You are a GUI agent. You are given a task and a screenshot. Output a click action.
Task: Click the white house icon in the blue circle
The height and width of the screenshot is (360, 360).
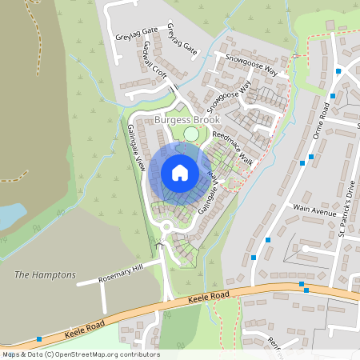point(180,172)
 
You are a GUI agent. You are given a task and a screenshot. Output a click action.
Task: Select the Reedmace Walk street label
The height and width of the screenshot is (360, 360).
point(233,150)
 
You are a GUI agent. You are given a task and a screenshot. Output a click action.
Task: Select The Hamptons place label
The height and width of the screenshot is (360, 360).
point(45,274)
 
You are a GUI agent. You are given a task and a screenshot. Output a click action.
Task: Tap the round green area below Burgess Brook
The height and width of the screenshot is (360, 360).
point(190,134)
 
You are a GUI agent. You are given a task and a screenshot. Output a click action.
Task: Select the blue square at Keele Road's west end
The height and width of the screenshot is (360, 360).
point(39,339)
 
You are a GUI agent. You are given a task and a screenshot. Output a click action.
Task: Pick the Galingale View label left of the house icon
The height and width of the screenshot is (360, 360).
point(134,147)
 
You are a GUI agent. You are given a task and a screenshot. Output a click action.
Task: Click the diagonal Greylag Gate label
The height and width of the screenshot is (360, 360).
point(182,39)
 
